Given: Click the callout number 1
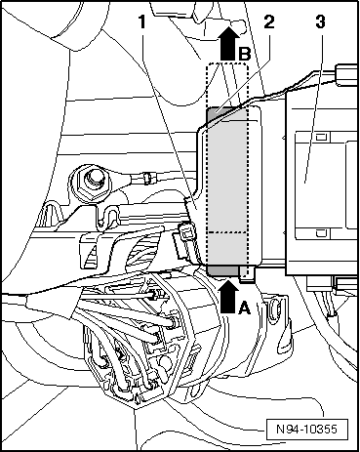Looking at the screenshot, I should click(144, 21).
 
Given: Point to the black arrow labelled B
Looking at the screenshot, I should click(226, 44).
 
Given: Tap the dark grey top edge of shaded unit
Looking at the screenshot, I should click(228, 112).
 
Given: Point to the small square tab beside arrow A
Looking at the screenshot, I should click(251, 274).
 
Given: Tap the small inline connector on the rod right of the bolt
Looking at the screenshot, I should click(148, 178).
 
